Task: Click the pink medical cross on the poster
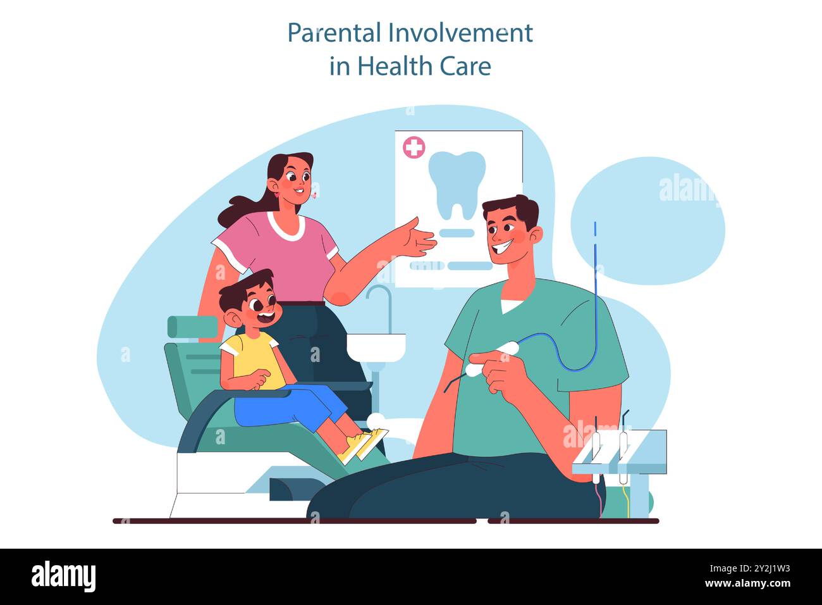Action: click(414, 148)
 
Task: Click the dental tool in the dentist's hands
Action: click(490, 360)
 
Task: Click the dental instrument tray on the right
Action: click(620, 452)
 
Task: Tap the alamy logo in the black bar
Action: click(63, 577)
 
